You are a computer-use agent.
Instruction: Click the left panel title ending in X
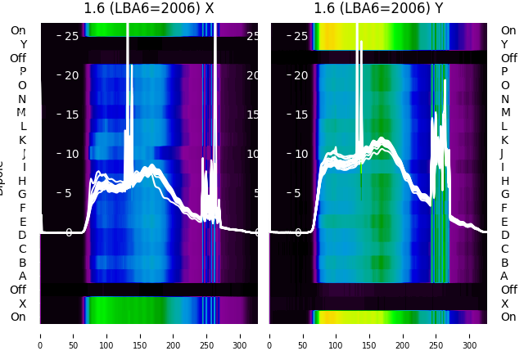tap(149, 9)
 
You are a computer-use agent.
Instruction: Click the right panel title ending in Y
tap(379, 9)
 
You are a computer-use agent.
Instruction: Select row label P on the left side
tap(23, 72)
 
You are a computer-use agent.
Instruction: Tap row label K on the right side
tap(504, 140)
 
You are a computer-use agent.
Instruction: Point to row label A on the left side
tap(23, 277)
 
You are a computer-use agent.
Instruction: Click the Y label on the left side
tap(23, 44)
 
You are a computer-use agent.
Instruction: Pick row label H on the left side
tap(23, 181)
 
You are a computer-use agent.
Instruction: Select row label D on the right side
tap(504, 236)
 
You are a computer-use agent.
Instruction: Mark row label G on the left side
tap(23, 195)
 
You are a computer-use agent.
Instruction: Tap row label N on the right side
tap(504, 99)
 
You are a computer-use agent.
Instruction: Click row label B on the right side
tap(504, 263)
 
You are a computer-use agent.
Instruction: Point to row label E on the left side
tap(23, 222)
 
